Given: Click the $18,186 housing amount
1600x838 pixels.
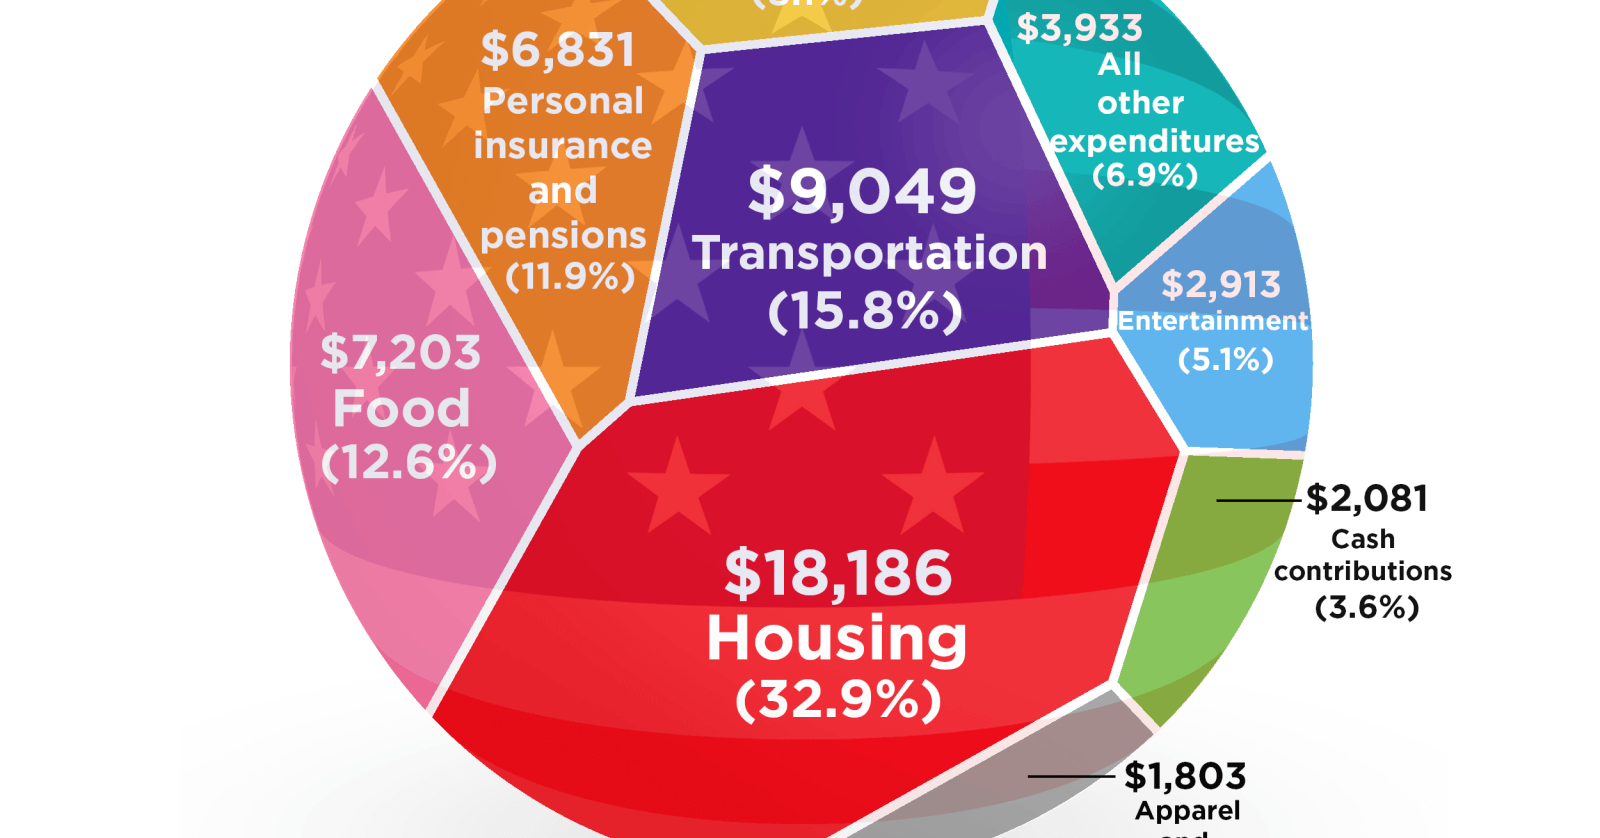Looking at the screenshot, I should [x=838, y=573].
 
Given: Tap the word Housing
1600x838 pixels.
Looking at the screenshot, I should [x=837, y=638].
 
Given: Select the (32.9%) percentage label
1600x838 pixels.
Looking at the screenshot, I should [x=838, y=700].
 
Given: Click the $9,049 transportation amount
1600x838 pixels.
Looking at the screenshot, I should [x=862, y=191].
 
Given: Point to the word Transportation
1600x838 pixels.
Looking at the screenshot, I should [x=870, y=253].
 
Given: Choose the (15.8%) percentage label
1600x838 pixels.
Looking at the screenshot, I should [x=865, y=311].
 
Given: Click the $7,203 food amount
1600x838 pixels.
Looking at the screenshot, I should [x=400, y=353].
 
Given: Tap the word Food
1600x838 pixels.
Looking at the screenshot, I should [x=401, y=408].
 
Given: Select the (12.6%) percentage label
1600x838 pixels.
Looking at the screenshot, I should [x=409, y=462].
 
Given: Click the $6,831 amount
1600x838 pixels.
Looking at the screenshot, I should [x=558, y=50].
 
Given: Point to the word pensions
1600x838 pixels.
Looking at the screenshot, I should [x=563, y=235].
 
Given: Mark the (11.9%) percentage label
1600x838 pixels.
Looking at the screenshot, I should [x=570, y=276].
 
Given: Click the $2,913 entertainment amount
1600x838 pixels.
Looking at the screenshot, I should [x=1220, y=285].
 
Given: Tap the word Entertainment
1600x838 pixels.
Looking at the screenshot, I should [x=1212, y=321].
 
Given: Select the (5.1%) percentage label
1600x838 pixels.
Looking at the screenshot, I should [x=1225, y=359].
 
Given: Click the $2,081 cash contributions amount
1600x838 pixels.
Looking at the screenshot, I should [x=1367, y=498].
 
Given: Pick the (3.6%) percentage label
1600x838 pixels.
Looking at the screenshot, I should [x=1367, y=607].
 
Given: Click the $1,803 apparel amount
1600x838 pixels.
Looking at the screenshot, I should [x=1185, y=776].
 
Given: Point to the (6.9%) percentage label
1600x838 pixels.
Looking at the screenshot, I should [x=1145, y=175].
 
